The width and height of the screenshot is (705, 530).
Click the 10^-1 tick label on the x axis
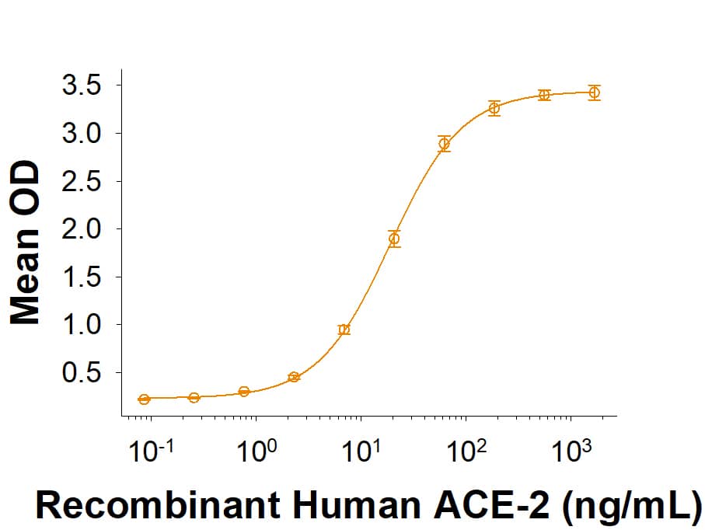tap(150, 452)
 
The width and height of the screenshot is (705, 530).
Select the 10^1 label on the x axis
tap(362, 452)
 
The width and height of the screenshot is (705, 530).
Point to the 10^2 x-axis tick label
tap(466, 452)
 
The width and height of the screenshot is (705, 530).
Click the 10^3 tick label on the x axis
tap(571, 452)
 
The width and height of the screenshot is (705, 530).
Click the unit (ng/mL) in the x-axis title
tap(630, 506)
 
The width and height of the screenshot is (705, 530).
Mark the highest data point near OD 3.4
tap(595, 92)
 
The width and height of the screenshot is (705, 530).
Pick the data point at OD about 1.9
tap(394, 239)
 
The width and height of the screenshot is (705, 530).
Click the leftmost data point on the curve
tap(144, 399)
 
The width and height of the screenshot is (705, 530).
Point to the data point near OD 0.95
tap(344, 330)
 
